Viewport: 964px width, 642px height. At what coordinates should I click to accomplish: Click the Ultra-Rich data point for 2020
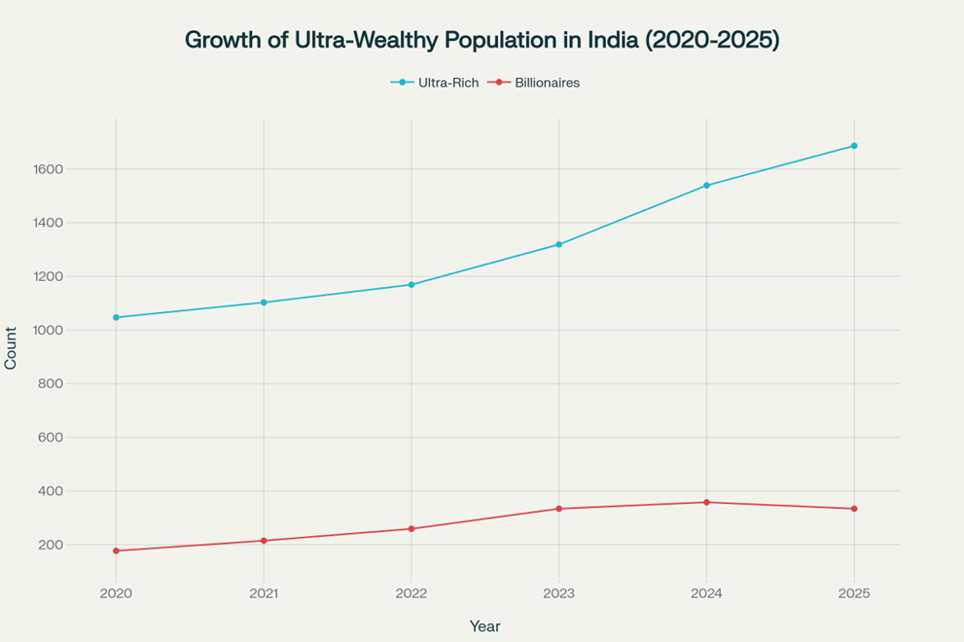tap(116, 317)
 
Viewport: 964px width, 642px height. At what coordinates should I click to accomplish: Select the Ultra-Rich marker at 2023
tap(558, 244)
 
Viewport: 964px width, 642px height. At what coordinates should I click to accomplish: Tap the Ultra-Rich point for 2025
tap(854, 146)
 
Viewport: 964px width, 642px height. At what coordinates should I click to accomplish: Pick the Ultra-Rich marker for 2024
tap(706, 185)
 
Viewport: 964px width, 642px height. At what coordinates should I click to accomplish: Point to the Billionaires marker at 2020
tap(116, 551)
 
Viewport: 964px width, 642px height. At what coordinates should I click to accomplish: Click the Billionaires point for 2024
tap(706, 502)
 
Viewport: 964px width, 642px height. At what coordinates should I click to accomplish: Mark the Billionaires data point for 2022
tap(411, 529)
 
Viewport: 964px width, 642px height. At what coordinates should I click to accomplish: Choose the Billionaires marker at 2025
tap(854, 509)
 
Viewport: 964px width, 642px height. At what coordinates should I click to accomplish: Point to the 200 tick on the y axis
tap(51, 545)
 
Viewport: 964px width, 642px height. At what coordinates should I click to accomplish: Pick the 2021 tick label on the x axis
tap(264, 593)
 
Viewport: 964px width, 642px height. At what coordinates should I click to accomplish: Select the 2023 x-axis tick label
tap(558, 593)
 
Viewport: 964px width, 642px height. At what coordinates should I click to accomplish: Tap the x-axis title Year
tap(484, 626)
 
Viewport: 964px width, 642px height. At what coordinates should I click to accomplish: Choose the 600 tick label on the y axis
tap(51, 438)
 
